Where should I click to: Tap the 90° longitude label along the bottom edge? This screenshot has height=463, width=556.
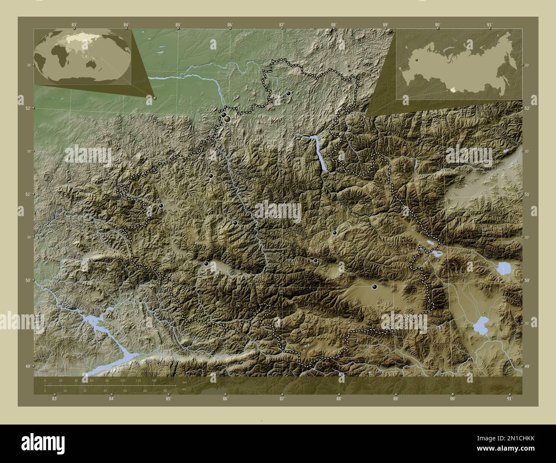(452, 399)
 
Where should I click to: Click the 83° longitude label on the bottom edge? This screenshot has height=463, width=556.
(54, 399)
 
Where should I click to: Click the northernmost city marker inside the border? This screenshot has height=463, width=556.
(289, 93)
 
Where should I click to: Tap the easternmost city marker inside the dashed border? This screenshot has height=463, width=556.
(375, 287)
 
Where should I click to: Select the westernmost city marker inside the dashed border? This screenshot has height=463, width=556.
(161, 205)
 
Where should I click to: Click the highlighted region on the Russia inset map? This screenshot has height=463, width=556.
(453, 90)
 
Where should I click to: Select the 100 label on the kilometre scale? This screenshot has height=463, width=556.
(123, 380)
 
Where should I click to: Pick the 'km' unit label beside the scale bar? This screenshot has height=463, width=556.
(184, 382)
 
